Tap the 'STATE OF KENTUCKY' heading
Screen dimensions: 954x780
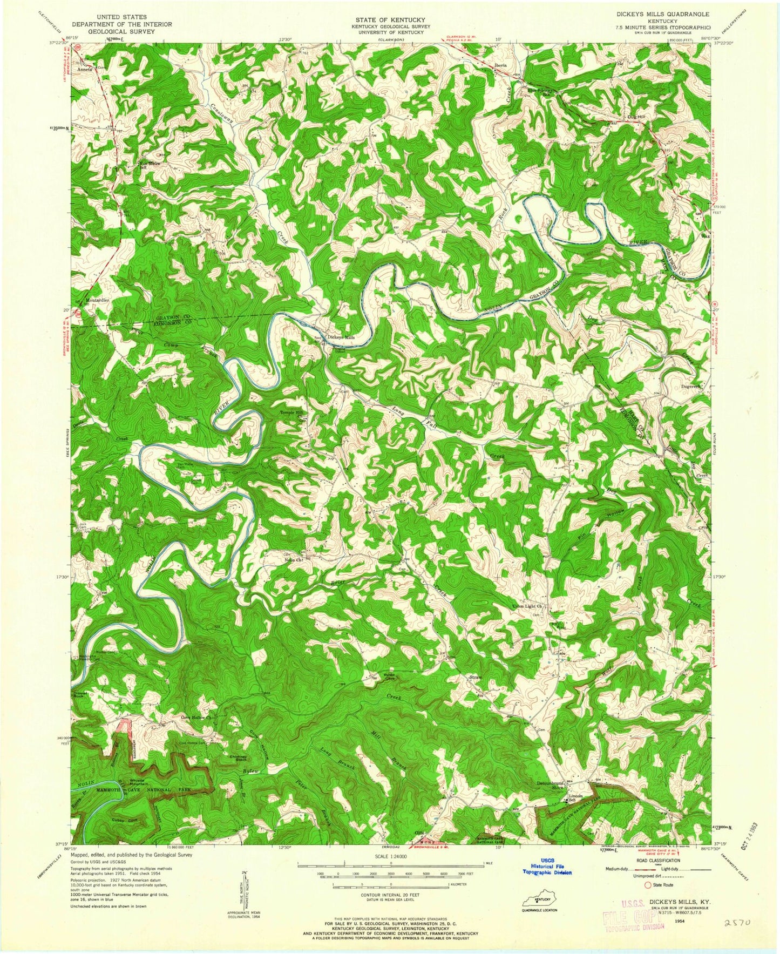click(x=390, y=19)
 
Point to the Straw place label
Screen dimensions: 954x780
click(x=475, y=677)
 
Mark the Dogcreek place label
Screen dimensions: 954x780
click(x=681, y=387)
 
